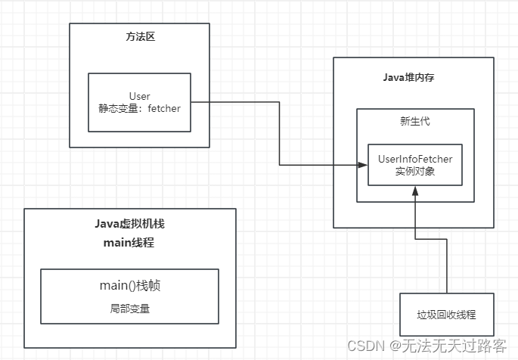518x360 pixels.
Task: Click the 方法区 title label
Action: (139, 37)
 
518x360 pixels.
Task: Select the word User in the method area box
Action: (139, 96)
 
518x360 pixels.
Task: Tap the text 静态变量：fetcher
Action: (139, 108)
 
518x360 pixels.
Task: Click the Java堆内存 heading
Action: (414, 78)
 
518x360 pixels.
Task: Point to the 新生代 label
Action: (414, 122)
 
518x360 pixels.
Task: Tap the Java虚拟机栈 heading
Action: (129, 225)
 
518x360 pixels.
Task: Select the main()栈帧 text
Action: (129, 286)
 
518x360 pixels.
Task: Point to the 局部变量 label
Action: (129, 308)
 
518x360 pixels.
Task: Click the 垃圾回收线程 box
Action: (446, 314)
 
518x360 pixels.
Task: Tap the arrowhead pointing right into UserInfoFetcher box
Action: (362, 164)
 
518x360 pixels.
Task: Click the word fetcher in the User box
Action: (164, 108)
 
